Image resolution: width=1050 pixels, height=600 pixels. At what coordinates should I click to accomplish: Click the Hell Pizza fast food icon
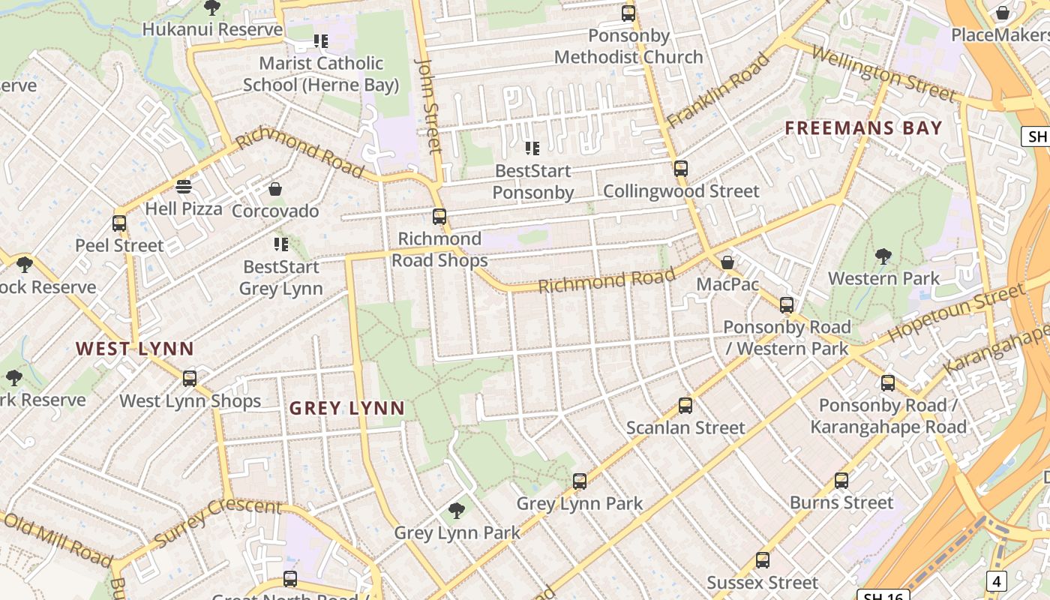point(184,187)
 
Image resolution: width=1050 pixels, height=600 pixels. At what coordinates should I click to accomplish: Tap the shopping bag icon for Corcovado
point(275,189)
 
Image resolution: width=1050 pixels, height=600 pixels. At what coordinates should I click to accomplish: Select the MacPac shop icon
point(727,262)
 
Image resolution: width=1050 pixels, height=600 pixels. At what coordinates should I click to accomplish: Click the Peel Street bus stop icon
point(119,223)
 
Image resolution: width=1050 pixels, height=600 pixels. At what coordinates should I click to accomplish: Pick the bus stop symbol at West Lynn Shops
point(190,379)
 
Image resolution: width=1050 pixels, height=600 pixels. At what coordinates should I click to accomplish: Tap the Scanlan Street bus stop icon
point(685,406)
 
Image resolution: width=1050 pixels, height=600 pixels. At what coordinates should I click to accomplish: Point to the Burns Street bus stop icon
point(841,481)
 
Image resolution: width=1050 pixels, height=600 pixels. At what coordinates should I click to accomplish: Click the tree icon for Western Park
point(883,256)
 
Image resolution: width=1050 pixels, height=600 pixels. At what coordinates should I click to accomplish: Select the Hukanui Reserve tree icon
point(212,8)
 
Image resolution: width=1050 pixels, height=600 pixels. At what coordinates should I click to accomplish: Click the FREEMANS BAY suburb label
point(863,128)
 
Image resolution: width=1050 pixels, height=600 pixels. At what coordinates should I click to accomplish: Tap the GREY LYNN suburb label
point(346,409)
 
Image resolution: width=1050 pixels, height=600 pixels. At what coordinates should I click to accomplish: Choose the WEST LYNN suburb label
point(135,349)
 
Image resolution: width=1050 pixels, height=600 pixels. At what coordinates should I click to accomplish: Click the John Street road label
point(429,105)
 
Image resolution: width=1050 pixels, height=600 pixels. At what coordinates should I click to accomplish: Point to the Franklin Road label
point(718,89)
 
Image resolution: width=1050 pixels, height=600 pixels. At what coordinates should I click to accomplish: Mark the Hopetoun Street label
point(955,312)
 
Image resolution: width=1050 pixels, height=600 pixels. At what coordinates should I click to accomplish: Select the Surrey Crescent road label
point(217,521)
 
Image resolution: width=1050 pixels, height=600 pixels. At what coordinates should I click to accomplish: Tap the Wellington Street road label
point(883,73)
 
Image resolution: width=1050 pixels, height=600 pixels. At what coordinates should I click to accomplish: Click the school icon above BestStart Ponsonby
point(532,148)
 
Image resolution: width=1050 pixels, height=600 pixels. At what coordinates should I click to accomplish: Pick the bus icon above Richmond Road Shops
point(439,217)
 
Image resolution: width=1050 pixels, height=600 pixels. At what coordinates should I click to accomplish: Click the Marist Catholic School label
point(321,73)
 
